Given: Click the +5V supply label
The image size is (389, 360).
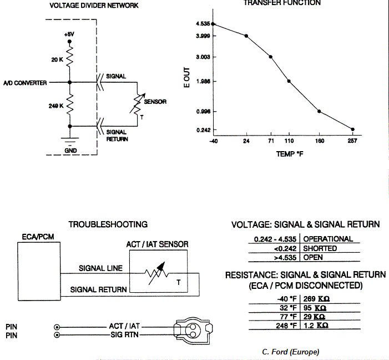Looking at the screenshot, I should coord(69,34).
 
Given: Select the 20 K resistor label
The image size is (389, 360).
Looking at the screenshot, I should coord(57,59).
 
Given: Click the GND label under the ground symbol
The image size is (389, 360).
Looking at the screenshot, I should coord(70,150).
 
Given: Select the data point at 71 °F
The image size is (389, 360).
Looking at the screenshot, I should coord(270,57).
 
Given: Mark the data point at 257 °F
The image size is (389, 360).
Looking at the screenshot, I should coord(352,129).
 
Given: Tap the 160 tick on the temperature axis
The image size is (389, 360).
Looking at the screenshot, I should coord(319,142).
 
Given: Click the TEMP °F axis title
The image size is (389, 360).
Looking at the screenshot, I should coord(289,154).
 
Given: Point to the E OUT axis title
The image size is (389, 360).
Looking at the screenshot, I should coord(188,78).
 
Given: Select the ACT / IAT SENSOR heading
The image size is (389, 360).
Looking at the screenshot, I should coord(158,244).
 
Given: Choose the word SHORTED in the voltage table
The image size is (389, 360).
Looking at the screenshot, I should coord(320,249).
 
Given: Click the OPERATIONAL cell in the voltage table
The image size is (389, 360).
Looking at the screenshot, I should coord(328,239).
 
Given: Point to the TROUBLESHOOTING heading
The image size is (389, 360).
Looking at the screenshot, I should coord(108,224).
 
